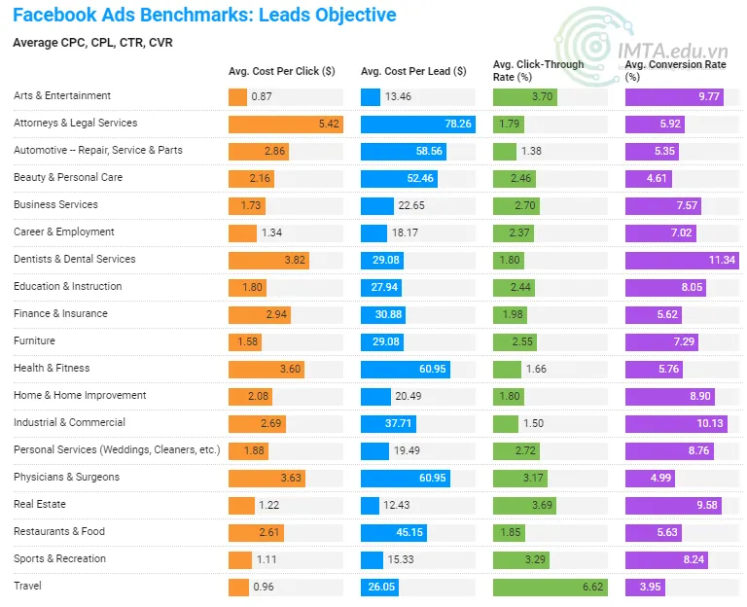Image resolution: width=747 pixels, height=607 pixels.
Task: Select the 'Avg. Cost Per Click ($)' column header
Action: [x=282, y=71]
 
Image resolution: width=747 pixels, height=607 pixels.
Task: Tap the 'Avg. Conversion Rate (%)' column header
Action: [x=676, y=70]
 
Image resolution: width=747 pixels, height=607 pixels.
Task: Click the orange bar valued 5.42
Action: [x=285, y=125]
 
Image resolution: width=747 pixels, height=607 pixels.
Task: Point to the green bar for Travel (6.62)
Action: [x=551, y=588]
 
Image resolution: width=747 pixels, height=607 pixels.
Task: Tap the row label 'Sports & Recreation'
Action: [x=59, y=559]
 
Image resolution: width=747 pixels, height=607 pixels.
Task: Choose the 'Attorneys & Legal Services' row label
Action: [x=75, y=124]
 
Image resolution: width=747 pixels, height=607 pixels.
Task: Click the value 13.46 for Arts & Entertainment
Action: [x=399, y=97]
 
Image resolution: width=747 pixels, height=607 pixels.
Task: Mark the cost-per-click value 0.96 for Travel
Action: [x=264, y=588]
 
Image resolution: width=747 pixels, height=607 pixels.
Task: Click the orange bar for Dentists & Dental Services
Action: [x=268, y=261]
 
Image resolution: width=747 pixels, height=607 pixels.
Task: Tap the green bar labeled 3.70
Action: [x=526, y=97]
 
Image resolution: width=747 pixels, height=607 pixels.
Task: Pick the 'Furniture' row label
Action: [x=34, y=341]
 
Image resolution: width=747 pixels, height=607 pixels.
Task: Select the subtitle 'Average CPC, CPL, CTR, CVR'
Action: [x=92, y=43]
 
